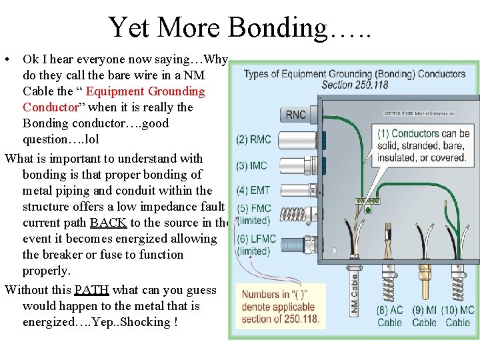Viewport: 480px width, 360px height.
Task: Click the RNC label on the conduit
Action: click(296, 115)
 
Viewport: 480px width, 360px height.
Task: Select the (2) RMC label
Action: click(253, 139)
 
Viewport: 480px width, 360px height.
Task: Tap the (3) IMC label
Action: click(253, 165)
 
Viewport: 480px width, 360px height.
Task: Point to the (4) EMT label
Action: click(253, 191)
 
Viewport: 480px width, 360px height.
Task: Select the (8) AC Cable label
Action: click(389, 316)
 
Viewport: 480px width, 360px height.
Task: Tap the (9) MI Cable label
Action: click(424, 316)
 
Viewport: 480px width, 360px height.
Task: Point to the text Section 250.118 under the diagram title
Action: click(355, 85)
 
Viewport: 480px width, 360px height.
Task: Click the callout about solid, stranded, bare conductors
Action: click(423, 145)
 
